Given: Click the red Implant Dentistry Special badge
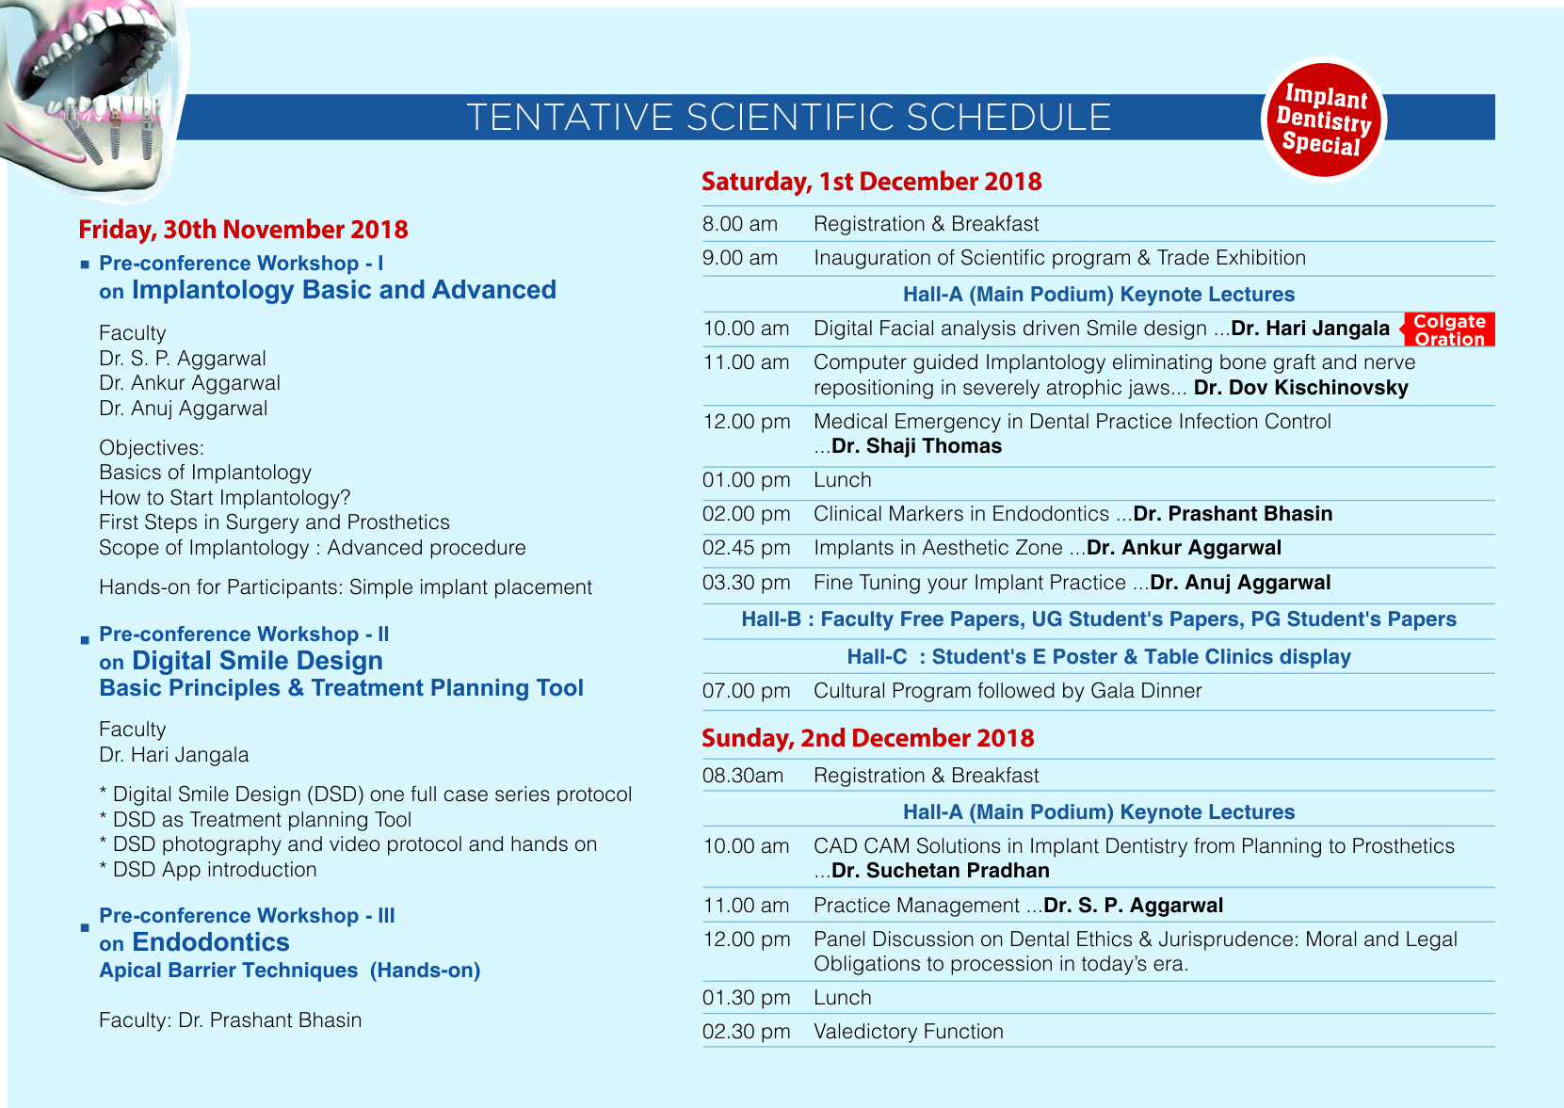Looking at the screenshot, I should [x=1323, y=120].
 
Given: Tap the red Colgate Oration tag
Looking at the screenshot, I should [x=1449, y=329].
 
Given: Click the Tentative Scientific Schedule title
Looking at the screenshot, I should [x=789, y=118].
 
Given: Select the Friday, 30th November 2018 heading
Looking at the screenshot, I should [x=243, y=230].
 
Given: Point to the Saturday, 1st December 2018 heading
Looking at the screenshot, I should [x=871, y=182].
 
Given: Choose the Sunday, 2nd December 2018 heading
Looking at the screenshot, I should [x=867, y=738].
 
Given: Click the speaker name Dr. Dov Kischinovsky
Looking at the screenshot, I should [x=1300, y=388].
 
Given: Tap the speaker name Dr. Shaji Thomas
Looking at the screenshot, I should [x=916, y=446].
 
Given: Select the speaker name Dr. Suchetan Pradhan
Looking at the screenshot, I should [x=940, y=871].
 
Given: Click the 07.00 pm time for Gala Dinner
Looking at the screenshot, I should [x=746, y=691].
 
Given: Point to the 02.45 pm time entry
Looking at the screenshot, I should [x=746, y=548].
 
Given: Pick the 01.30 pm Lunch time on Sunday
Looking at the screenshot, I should [x=746, y=998].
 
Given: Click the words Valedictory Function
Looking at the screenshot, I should [x=908, y=1032].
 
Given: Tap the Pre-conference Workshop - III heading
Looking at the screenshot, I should [x=247, y=916].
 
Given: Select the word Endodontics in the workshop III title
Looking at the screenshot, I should [x=210, y=942].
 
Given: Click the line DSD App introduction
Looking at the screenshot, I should [x=214, y=870].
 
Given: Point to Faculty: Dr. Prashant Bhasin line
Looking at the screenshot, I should [x=230, y=1020].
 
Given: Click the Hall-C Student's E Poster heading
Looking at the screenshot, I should [x=1098, y=657].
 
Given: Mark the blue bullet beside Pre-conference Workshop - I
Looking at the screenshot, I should [x=85, y=265].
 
